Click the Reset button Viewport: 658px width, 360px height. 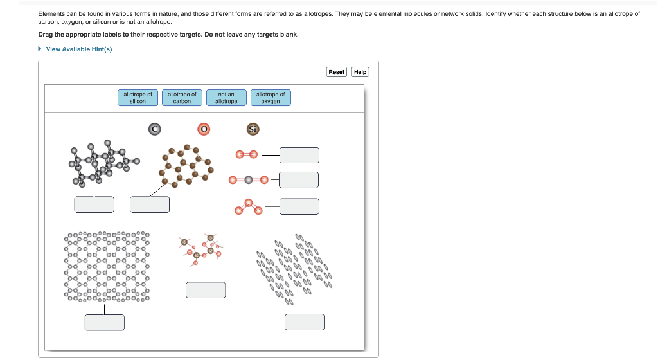[x=336, y=72]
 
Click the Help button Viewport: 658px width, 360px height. [x=360, y=72]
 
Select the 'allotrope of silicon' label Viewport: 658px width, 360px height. [x=138, y=98]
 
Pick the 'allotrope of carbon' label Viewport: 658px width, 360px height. [x=182, y=98]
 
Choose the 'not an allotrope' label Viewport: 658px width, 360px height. [x=226, y=98]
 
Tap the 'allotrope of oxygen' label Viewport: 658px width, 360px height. [x=270, y=98]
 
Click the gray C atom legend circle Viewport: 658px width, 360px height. [x=154, y=129]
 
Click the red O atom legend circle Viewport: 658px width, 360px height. [x=204, y=129]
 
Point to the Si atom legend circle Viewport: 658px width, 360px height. [x=253, y=129]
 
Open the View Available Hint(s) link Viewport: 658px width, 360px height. [x=78, y=50]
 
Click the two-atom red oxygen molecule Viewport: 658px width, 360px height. [x=246, y=155]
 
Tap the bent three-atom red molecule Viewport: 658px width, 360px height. [x=248, y=206]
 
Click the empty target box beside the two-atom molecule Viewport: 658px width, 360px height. [x=299, y=155]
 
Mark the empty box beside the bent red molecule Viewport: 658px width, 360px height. [x=299, y=206]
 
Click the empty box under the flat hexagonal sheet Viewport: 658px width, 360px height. [x=104, y=322]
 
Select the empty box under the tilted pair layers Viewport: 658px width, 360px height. [x=305, y=322]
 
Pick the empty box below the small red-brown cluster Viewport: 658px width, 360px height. [x=206, y=290]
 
